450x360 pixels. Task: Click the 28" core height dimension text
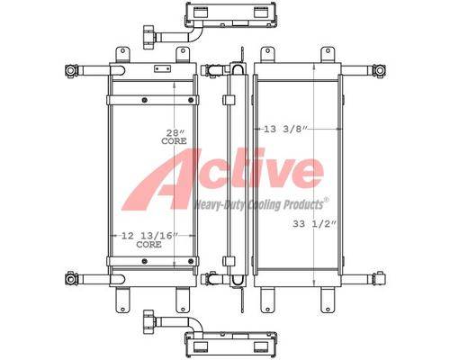click(x=174, y=137)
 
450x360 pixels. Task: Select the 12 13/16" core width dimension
click(x=149, y=240)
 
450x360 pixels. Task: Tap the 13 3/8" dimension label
click(x=286, y=129)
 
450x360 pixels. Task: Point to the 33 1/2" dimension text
click(x=314, y=224)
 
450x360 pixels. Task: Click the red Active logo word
click(x=223, y=178)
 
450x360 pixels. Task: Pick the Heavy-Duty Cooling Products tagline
click(x=258, y=205)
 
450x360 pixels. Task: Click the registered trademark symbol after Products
click(x=327, y=200)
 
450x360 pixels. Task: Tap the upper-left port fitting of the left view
click(x=71, y=71)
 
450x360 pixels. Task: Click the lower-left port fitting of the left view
click(x=71, y=279)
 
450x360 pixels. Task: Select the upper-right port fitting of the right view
click(x=379, y=71)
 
